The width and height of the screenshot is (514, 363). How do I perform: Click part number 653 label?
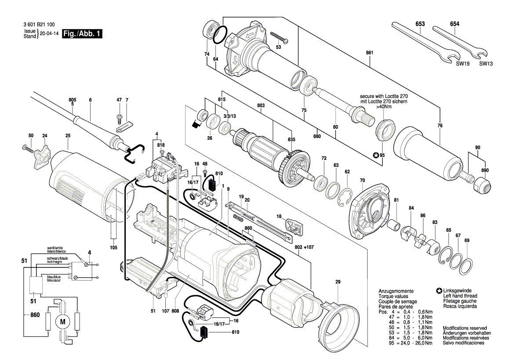420,24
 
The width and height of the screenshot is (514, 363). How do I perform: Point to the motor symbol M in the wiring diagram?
62,322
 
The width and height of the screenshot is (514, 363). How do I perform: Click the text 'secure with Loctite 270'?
383,95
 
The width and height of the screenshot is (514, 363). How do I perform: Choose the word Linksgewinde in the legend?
456,291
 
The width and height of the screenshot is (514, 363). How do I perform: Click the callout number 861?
369,53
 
